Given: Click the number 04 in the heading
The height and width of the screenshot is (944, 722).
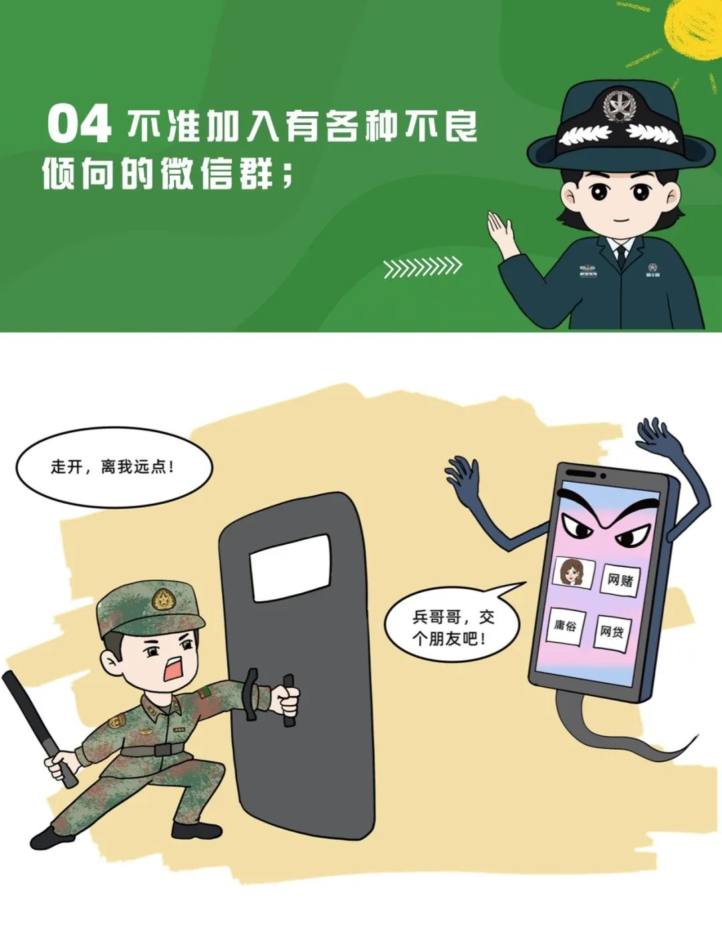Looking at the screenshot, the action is (x=79, y=124).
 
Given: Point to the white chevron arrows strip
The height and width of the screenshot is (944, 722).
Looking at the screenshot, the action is (x=423, y=267).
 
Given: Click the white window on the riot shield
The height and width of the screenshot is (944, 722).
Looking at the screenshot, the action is (x=290, y=568).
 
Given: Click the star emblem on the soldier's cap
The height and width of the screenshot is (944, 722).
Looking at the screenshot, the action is (x=162, y=598).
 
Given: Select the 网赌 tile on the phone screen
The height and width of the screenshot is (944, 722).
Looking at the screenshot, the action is (x=620, y=580).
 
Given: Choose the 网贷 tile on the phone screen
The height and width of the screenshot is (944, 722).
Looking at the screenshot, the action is (x=612, y=633).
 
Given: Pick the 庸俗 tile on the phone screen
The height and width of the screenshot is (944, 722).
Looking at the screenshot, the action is (x=565, y=625).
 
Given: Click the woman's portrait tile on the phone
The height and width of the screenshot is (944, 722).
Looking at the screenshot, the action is (x=574, y=573).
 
